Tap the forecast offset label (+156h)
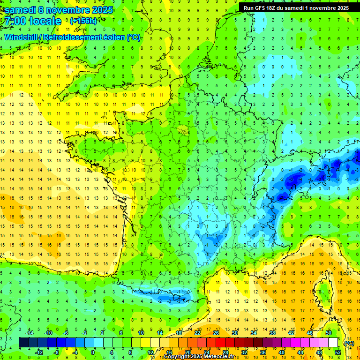click(x=83, y=21)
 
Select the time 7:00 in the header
click(x=15, y=21)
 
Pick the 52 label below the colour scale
click(x=338, y=352)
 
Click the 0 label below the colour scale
click(x=92, y=352)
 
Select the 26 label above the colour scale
click(x=216, y=333)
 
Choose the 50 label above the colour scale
click(x=329, y=333)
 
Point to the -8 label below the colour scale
click(x=56, y=352)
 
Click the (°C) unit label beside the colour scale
click(x=349, y=343)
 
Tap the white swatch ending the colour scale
click(x=333, y=343)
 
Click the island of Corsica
click(x=323, y=288)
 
